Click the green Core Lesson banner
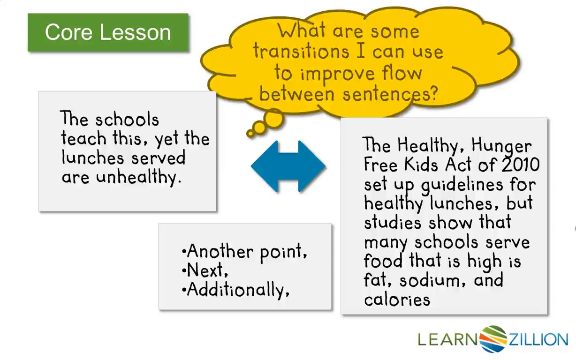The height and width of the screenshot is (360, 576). [108, 32]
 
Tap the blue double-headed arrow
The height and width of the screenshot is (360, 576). [288, 166]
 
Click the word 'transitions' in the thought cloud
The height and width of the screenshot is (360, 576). [301, 52]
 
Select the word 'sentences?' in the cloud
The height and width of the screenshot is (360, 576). [390, 94]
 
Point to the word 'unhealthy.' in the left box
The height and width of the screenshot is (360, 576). [138, 177]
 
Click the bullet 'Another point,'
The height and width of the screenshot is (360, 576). [244, 251]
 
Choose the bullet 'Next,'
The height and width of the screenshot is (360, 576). [205, 270]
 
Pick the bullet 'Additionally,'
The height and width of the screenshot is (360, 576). [235, 290]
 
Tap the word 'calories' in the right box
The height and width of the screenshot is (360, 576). [397, 300]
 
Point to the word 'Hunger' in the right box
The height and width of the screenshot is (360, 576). [501, 146]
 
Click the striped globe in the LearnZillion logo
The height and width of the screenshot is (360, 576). [493, 339]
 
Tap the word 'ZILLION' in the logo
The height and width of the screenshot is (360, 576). [538, 339]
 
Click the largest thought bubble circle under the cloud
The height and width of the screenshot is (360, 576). [274, 119]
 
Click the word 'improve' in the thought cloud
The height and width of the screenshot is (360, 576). [337, 74]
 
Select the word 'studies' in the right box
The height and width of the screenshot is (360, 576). [393, 222]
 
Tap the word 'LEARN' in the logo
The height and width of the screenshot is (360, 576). [447, 339]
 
